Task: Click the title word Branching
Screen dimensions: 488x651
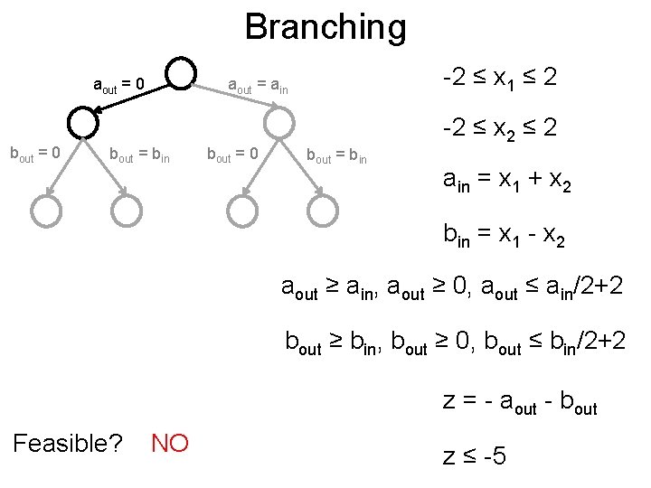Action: (x=325, y=27)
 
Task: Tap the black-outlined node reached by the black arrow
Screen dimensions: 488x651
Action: (x=82, y=121)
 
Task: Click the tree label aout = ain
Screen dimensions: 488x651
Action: (x=258, y=87)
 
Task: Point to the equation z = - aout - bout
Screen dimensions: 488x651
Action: (x=520, y=401)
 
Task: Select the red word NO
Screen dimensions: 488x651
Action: (x=170, y=444)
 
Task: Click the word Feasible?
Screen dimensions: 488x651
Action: (x=68, y=444)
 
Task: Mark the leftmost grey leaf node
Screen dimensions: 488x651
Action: (x=46, y=211)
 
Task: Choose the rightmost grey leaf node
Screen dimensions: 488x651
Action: (x=322, y=211)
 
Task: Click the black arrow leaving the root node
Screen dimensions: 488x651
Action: (x=136, y=98)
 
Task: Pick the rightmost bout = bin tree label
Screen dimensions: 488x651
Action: (x=336, y=155)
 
